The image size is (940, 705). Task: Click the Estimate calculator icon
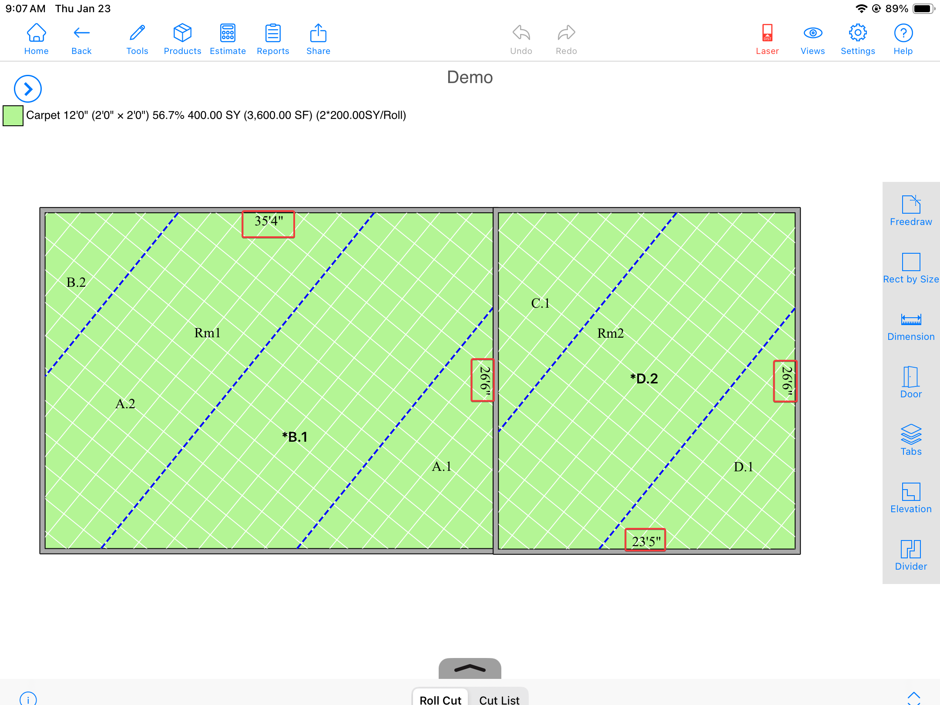coord(228,33)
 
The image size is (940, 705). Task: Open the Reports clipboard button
coord(273,33)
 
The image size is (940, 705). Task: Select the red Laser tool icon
coord(767,33)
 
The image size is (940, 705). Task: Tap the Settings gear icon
coord(858,33)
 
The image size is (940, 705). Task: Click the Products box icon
coord(182,33)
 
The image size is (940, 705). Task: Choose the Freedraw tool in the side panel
coord(911,204)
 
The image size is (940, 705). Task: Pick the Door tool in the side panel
coord(911,376)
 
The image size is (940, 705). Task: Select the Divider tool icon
coord(911,549)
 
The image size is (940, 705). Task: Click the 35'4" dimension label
coord(269,221)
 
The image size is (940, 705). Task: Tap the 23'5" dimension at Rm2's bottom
coord(646,541)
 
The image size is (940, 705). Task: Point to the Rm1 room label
coord(207,333)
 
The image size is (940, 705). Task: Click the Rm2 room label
coord(610,333)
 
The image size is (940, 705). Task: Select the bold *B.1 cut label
coord(295,437)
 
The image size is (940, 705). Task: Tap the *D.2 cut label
coord(644,379)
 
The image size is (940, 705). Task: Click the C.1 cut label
coord(540,303)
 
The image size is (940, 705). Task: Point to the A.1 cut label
coord(441,467)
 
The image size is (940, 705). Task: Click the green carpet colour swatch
coord(13,116)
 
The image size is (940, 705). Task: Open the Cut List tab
coord(499,699)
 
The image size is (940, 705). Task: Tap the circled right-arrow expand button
coord(28,89)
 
